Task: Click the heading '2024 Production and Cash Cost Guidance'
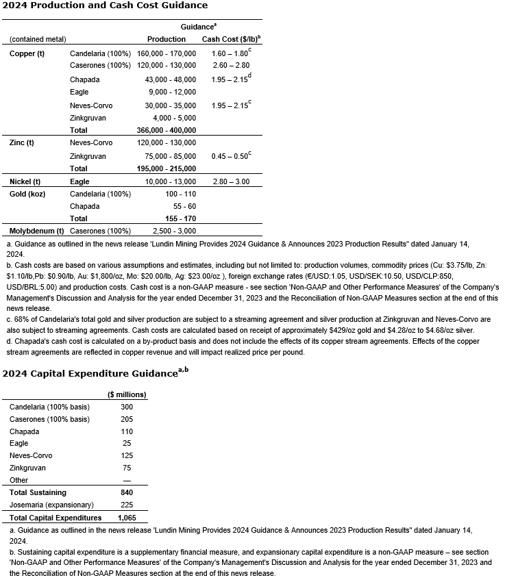click(105, 5)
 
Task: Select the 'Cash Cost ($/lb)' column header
click(230, 39)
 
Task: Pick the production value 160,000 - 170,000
click(167, 53)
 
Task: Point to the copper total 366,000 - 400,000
click(167, 130)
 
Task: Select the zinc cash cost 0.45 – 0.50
click(229, 156)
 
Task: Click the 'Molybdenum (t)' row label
click(37, 231)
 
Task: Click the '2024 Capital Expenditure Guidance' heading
click(89, 374)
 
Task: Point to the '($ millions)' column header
click(127, 394)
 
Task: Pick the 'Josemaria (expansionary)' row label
click(51, 505)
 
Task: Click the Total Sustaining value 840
click(126, 492)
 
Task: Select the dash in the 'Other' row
click(126, 480)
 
